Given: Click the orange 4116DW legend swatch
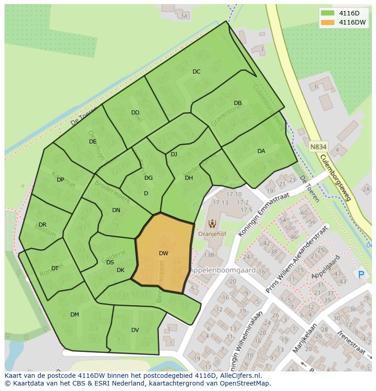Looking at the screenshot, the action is point(327,22).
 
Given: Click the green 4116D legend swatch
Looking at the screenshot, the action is point(327,13).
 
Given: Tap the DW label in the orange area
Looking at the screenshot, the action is point(163,253).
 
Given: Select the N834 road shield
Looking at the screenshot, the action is point(319,147).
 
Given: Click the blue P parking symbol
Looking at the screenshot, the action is point(361,274).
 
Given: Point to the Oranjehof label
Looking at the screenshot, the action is point(212,234).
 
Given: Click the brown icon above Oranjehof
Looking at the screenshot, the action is point(212,223).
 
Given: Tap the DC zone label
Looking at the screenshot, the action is point(196,72).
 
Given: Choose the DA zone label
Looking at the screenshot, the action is point(261,151).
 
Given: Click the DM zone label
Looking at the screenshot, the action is point(74,315).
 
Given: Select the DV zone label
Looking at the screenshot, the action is point(135,330).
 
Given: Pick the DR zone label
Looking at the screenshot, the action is point(42,225).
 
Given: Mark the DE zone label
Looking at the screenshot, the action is point(93,142).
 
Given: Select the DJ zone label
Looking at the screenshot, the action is point(174,154).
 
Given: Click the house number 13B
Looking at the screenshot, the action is point(208,255).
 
